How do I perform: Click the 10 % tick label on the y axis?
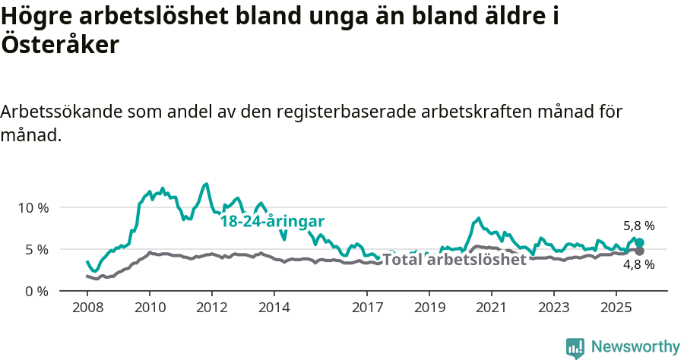tap(33, 207)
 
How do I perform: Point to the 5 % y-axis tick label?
tap(36, 249)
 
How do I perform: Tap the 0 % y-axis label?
tap(36, 291)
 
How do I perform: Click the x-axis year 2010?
tap(150, 308)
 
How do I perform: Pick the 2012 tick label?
tap(212, 308)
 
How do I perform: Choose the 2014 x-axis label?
tap(274, 308)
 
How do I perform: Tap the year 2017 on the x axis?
tap(367, 308)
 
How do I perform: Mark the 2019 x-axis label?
tap(429, 308)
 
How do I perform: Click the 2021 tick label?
tap(492, 308)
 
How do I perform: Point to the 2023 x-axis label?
tap(554, 308)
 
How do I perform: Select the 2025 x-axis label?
tap(616, 308)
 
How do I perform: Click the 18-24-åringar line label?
tap(272, 222)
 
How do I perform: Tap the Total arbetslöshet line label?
tap(454, 260)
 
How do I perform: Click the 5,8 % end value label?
tap(639, 226)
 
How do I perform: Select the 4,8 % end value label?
tap(639, 264)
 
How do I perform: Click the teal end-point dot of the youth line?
tap(639, 242)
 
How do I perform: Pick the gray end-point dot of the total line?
tap(639, 251)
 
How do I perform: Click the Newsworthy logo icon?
tap(575, 348)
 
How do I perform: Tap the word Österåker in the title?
tap(60, 45)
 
